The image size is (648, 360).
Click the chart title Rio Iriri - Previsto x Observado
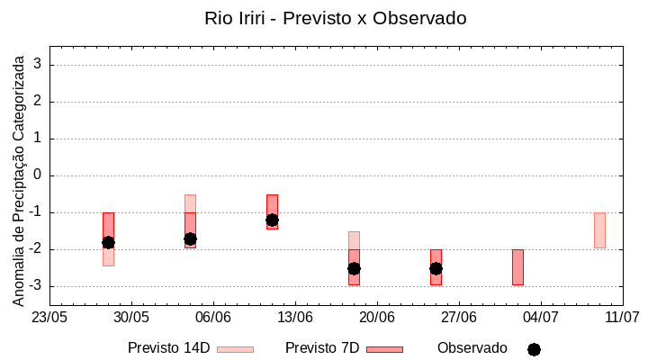[x=336, y=18]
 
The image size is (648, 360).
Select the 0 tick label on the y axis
[x=38, y=175]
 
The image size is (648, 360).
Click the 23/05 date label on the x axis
[x=49, y=317]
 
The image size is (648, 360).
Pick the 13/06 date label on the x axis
[x=294, y=317]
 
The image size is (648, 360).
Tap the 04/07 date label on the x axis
[x=540, y=317]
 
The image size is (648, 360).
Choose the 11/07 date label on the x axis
[x=622, y=317]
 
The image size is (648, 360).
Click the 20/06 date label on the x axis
[x=376, y=317]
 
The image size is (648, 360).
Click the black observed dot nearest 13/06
[x=272, y=220]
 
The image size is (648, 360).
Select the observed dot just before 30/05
[x=108, y=242]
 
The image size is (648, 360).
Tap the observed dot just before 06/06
[x=190, y=238]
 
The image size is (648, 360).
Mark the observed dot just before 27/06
[x=436, y=268]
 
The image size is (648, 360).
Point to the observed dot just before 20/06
[x=354, y=268]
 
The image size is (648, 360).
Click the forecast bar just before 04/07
[x=517, y=267]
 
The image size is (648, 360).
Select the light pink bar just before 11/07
[x=599, y=230]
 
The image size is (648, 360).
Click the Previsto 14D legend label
[x=168, y=348]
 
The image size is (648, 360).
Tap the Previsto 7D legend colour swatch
[x=384, y=349]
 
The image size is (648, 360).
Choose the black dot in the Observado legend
[x=534, y=349]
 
